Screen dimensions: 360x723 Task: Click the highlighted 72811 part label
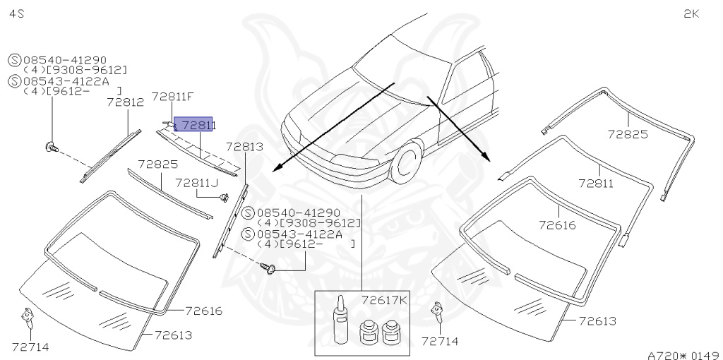click(x=193, y=125)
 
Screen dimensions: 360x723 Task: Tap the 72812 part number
click(x=126, y=102)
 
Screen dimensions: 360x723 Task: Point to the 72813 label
click(x=245, y=147)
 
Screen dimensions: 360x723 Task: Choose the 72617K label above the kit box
click(x=385, y=300)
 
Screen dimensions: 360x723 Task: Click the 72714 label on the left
click(x=30, y=346)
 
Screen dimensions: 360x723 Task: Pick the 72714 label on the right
click(x=439, y=341)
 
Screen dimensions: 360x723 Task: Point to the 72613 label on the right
click(x=597, y=321)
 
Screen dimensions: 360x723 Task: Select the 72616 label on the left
click(x=204, y=311)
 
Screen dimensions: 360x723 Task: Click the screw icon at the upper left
click(x=52, y=146)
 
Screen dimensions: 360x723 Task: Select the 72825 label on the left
click(x=157, y=164)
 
